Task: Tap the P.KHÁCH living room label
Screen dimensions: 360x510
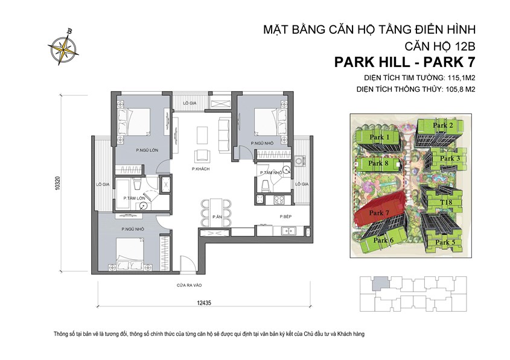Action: click(200, 169)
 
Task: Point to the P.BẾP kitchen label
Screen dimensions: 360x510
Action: click(285, 216)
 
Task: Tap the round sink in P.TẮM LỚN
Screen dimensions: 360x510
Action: click(144, 205)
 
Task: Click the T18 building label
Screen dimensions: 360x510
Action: click(446, 203)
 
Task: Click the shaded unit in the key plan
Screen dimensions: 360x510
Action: click(378, 282)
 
